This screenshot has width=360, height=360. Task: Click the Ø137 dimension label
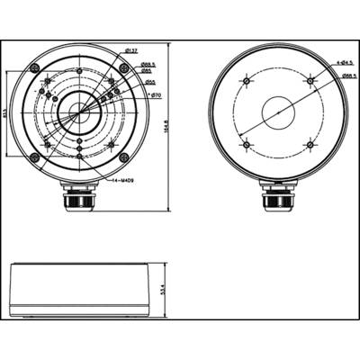point(130,52)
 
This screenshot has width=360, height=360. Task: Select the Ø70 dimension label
point(155,94)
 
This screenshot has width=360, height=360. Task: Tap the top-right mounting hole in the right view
point(310,81)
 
